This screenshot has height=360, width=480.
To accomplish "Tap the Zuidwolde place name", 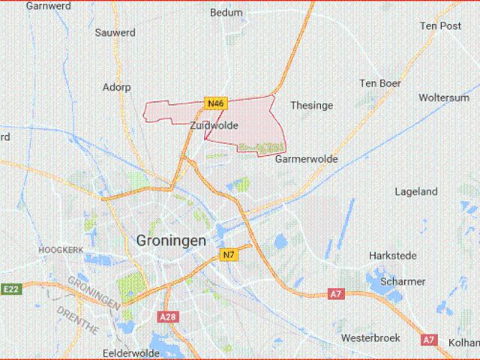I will coord(214,126).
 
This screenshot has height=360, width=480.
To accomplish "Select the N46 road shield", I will coord(215,103).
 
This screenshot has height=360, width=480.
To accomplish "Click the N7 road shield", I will coord(229,256).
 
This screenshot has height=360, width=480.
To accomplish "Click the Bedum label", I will coord(226,13).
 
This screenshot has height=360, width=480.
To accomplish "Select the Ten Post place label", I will coord(439,25).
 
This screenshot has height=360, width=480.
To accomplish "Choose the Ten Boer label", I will coord(379,82).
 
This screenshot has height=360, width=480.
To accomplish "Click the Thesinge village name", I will coord(310,106).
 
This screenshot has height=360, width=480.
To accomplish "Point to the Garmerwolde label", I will coord(306,159).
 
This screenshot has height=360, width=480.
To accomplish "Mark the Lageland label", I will coord(416,192).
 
